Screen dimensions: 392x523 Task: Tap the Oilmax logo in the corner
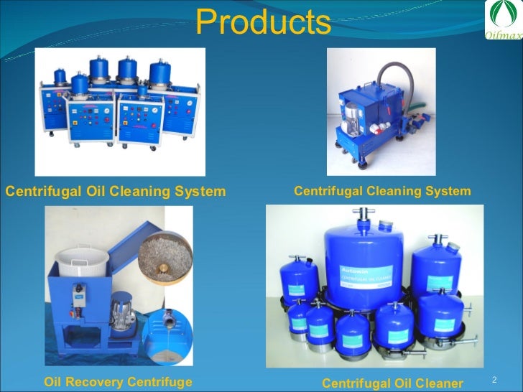(x=502, y=22)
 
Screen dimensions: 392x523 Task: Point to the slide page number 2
(x=494, y=378)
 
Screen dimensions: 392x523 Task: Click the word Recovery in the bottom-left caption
(x=100, y=382)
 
